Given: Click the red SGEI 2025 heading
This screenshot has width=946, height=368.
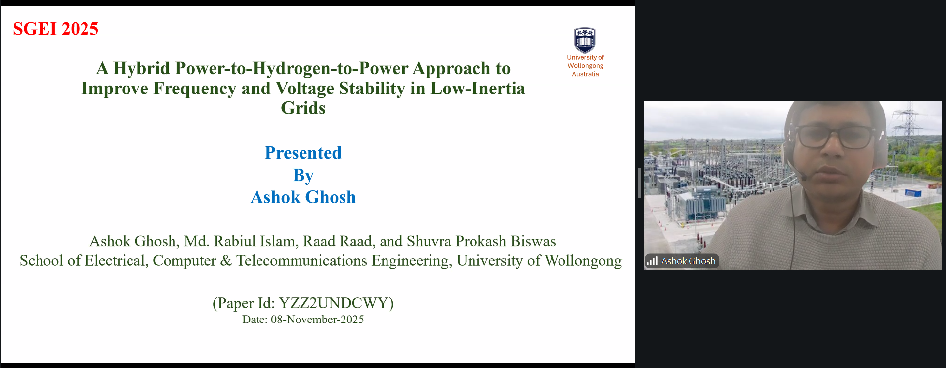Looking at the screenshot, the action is coord(55,29).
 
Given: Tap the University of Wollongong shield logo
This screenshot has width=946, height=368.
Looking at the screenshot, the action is coord(585,40).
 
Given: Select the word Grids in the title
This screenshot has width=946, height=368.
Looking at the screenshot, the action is coord(303,108).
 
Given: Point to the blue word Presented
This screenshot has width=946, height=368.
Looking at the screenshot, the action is coord(303,153).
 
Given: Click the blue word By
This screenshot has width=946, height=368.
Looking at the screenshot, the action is coord(303,175).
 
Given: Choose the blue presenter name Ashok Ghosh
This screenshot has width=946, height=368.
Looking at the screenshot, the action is coord(303,197).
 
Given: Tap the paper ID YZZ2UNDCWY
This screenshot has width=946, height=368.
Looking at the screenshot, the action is coord(334,303).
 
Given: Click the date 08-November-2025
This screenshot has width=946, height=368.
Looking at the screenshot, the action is coord(317,320).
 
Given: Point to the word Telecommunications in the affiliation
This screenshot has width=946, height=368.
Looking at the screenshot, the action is coord(301,261).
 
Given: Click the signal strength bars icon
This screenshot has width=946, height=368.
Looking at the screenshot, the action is coord(652,261).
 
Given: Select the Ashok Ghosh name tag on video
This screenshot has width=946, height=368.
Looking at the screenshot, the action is coord(682,261).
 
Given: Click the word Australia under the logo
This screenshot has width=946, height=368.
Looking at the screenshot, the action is coord(585,74).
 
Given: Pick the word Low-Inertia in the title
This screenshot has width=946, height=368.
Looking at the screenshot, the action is coord(477,88).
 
